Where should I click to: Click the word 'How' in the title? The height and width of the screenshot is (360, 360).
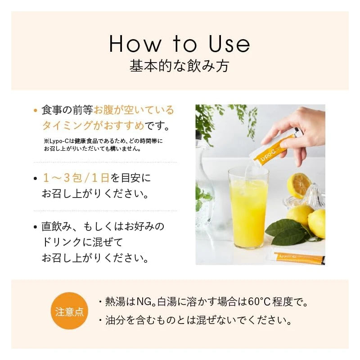135,44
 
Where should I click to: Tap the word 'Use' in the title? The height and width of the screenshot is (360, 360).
229,44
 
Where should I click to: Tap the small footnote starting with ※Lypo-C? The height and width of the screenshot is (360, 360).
103,144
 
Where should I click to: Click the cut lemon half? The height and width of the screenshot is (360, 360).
298,184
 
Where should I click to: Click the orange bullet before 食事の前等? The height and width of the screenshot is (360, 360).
35,110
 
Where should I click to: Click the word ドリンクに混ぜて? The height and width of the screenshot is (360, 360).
82,243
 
